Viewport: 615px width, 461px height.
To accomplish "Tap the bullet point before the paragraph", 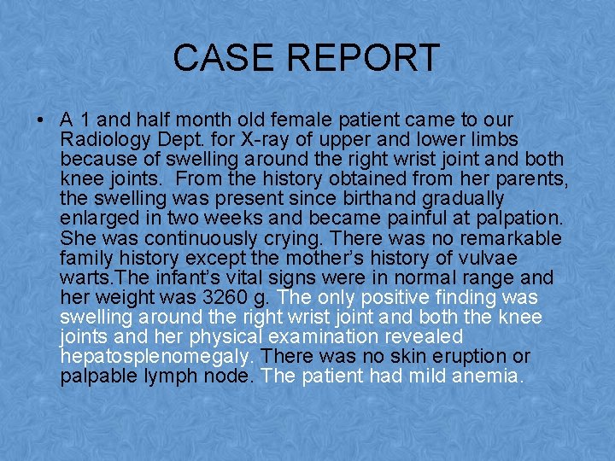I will pyautogui.click(x=41, y=120).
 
